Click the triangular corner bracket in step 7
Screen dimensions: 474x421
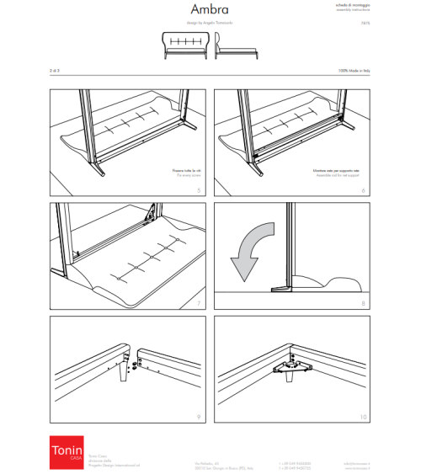pyautogui.click(x=155, y=216)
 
